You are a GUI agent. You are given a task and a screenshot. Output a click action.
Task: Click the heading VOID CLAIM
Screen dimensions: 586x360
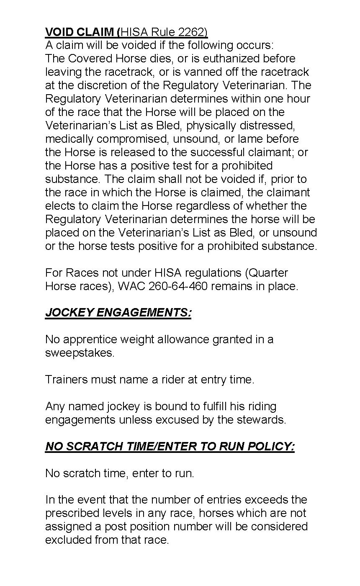click(x=81, y=32)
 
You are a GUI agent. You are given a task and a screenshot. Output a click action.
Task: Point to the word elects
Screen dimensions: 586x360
click(x=58, y=206)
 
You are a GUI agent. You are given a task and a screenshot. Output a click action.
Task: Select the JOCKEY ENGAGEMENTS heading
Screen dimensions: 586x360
click(x=118, y=313)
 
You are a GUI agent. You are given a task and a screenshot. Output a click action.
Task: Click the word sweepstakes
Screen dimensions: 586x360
click(x=79, y=353)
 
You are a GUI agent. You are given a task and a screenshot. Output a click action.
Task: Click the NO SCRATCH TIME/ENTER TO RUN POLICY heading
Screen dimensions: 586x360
click(x=170, y=446)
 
